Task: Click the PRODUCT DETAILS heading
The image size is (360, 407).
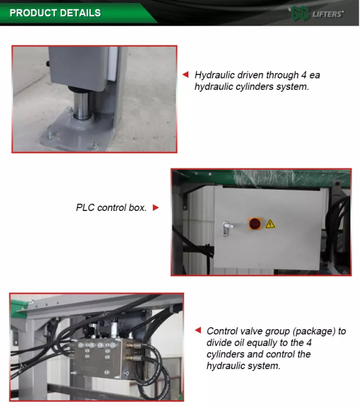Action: tap(55, 13)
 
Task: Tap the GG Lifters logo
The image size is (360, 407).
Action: tap(317, 14)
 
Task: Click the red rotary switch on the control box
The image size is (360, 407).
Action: tap(255, 224)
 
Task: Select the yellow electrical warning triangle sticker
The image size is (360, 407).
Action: tap(270, 224)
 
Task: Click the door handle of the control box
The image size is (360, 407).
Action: tap(226, 228)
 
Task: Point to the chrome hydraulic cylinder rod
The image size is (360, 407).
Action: tap(82, 105)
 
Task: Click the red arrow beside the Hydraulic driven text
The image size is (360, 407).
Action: tap(185, 74)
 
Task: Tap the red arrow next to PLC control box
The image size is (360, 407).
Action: tap(155, 207)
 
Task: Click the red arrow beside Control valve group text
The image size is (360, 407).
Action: tap(198, 330)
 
